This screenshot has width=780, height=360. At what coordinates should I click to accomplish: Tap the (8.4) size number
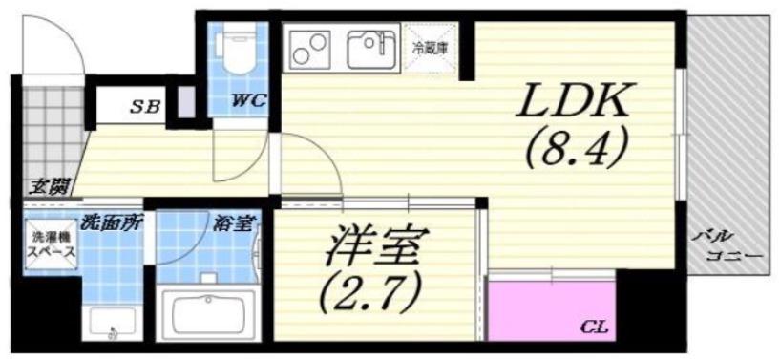(573, 148)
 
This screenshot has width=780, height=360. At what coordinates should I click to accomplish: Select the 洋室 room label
(370, 245)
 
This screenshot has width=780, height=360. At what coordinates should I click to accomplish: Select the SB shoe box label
(146, 105)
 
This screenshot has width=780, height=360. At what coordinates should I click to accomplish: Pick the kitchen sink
(371, 50)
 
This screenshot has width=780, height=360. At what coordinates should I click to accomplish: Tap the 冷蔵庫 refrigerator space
(432, 49)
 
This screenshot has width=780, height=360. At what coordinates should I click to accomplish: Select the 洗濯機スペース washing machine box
(52, 244)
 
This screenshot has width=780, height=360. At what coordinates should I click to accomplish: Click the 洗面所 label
(112, 222)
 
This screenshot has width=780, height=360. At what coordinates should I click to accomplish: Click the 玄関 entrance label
(49, 187)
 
